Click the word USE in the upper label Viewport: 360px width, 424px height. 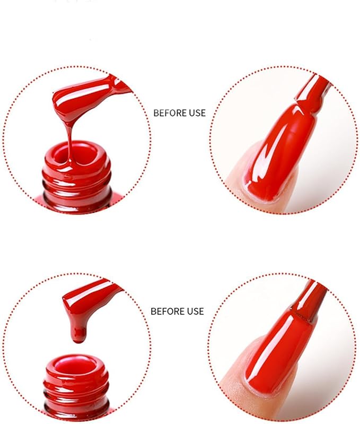(x=197, y=113)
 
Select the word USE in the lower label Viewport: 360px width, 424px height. (x=196, y=311)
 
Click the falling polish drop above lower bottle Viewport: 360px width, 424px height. (x=78, y=334)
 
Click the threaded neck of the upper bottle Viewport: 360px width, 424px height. (x=77, y=187)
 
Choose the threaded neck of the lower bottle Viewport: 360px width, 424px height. (x=76, y=395)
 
